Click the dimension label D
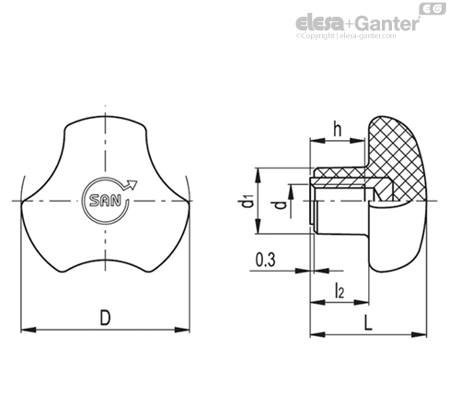pos(105,318)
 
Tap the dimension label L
pos(368,323)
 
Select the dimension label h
pos(338,129)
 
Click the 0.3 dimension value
pos(266,260)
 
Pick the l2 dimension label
pos(340,290)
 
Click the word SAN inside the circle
pos(105,201)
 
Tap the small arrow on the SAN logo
pos(130,185)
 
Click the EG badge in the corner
pos(432,8)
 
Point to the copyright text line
pos(346,36)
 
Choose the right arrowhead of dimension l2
pos(361,302)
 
